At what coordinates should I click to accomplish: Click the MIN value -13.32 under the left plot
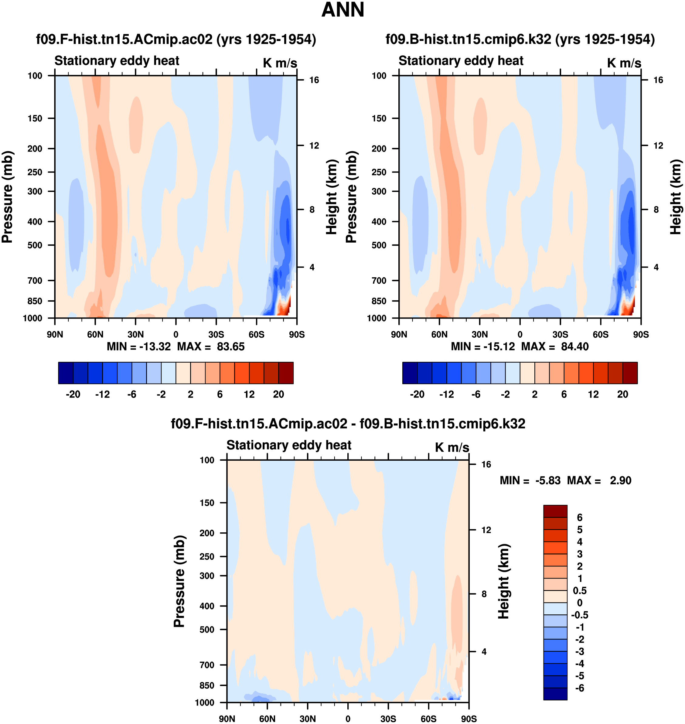point(155,346)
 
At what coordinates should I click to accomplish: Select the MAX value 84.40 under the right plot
point(575,346)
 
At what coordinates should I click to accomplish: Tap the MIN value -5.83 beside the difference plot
point(548,480)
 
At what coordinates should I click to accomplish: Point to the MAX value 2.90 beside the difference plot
point(620,480)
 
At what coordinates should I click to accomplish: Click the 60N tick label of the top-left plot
point(95,334)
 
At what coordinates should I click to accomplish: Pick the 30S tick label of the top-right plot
point(560,334)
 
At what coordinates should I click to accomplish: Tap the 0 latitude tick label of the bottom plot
point(348,719)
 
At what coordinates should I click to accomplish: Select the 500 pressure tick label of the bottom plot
point(207,629)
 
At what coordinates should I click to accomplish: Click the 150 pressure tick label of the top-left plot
point(35,118)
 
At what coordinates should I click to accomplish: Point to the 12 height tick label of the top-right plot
point(658,145)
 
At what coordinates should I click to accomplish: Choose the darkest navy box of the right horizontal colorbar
point(410,373)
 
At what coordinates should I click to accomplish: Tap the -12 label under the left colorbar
point(102,394)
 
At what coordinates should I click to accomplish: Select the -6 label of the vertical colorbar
point(579,688)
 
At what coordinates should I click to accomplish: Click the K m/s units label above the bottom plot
point(452,447)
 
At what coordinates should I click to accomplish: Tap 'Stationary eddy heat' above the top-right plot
point(461,61)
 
